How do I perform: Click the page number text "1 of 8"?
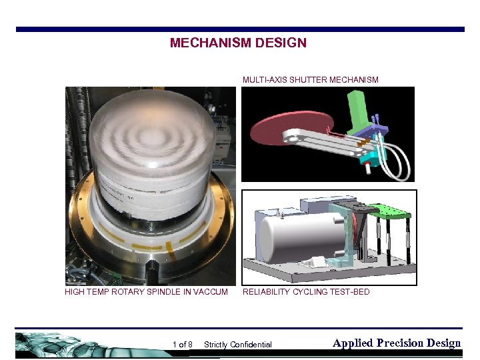point(182,345)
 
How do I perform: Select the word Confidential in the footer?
point(250,345)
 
